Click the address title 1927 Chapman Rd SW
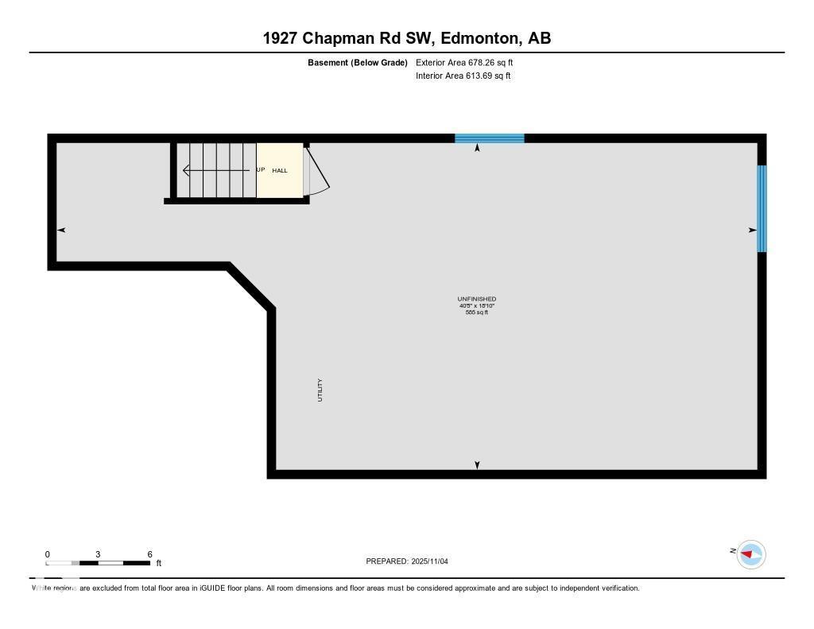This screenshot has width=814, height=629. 407,37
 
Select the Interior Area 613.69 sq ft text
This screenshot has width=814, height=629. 463,76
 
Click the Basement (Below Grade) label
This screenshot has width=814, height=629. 358,62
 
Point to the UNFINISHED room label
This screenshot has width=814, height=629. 477,299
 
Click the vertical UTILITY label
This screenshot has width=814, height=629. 320,390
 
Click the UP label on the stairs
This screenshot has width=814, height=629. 260,170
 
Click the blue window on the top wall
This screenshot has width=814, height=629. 489,138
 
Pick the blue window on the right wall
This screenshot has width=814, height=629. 762,208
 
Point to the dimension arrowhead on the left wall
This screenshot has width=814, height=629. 61,230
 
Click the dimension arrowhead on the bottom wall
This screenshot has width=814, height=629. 477,465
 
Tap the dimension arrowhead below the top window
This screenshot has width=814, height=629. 477,148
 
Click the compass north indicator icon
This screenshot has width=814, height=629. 750,554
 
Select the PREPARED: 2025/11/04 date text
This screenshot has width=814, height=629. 407,561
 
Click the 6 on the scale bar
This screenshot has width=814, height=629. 149,554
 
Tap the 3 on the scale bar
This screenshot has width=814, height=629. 98,554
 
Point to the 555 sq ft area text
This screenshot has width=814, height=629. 477,313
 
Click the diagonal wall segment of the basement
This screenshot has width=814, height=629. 251,285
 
